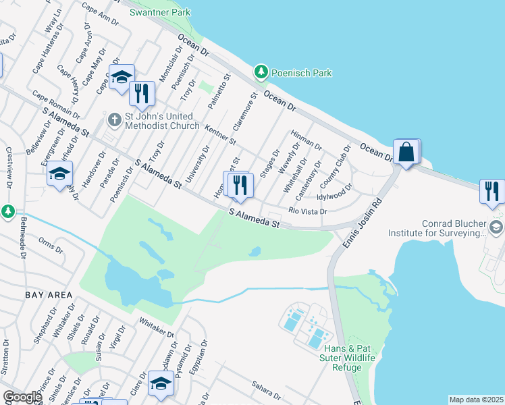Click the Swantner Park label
click(x=160, y=12)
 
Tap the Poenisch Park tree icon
click(x=261, y=72)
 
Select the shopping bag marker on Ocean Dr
click(x=407, y=153)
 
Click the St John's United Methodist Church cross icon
click(x=115, y=119)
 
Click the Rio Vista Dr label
click(x=308, y=211)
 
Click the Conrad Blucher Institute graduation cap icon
click(x=497, y=227)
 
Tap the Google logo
click(x=22, y=397)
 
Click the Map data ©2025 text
click(x=475, y=400)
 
